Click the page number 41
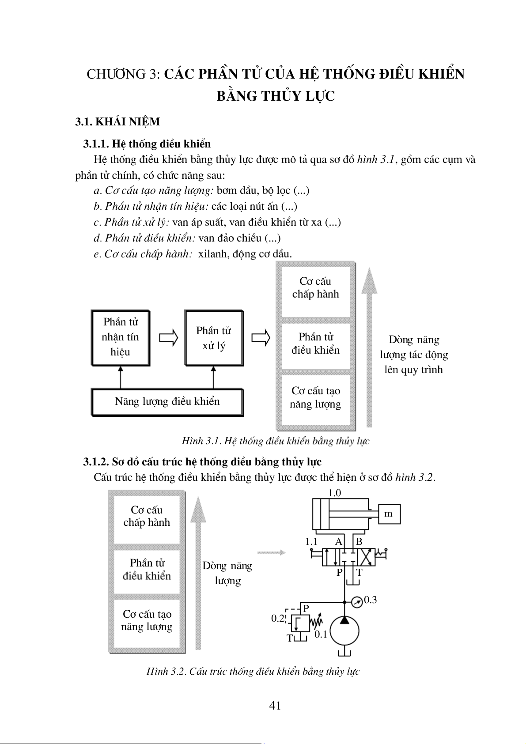point(275,706)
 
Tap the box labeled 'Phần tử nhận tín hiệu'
point(121,337)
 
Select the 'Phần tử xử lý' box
point(214,338)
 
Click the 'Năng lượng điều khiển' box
point(167,402)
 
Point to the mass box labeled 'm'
point(389,514)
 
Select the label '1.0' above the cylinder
point(334,493)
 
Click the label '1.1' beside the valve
point(311,542)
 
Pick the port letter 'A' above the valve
point(339,542)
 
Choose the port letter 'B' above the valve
point(359,542)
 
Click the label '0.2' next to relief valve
point(278,618)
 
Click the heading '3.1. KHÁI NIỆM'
point(117,122)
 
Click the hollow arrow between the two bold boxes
point(168,338)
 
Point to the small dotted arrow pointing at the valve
point(271,552)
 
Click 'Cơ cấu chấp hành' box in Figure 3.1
point(315,288)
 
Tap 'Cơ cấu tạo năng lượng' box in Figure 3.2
point(147,620)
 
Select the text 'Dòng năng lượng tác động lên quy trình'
point(414,355)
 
